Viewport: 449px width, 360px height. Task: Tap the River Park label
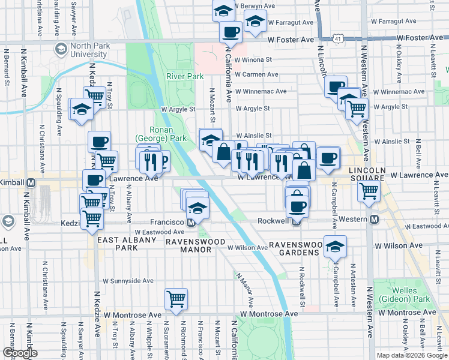tap(185, 76)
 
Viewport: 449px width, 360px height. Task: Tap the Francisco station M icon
tap(191, 223)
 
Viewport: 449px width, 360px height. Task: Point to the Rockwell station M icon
tap(296, 221)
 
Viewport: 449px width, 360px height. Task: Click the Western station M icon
tap(374, 220)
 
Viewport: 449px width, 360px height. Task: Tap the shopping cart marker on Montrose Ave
tap(176, 298)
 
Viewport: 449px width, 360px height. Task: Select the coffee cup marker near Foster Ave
tap(231, 32)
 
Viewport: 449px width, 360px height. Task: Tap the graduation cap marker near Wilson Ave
tap(335, 246)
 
